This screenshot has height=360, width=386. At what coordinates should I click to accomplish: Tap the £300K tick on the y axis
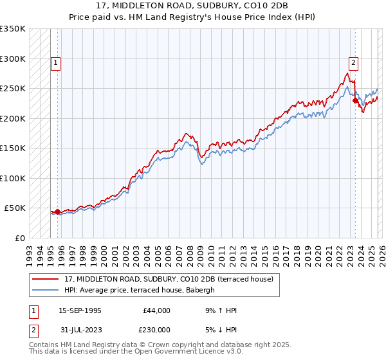click(13, 59)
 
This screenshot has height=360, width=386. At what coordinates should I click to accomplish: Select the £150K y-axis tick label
click(13, 148)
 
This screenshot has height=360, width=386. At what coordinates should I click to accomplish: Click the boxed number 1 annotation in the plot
click(56, 63)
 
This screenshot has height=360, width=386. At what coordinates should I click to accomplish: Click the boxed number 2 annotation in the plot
click(354, 62)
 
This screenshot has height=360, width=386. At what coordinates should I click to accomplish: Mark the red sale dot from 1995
click(57, 212)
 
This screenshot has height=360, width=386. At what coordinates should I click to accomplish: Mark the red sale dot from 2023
click(355, 100)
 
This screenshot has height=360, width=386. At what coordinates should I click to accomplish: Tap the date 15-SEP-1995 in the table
click(80, 310)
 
